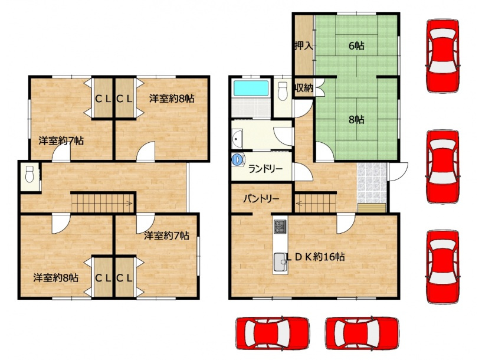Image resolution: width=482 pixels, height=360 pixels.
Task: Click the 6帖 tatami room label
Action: (x=356, y=46)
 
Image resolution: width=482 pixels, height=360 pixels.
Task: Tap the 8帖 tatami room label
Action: (x=356, y=119)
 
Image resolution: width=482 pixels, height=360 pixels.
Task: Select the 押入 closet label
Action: (x=304, y=46)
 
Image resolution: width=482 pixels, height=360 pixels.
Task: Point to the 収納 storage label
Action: (x=304, y=88)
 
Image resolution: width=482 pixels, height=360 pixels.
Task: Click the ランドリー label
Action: (x=265, y=169)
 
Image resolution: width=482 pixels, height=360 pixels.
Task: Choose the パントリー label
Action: (x=261, y=199)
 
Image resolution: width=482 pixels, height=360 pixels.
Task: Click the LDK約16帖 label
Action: (x=315, y=257)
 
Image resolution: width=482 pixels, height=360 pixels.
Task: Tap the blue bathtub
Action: (x=251, y=89)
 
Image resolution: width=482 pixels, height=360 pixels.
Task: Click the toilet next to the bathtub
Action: (x=282, y=91)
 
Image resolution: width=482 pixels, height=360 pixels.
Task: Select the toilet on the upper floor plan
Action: (x=29, y=174)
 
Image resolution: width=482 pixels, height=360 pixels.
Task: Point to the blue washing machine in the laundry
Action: (x=238, y=159)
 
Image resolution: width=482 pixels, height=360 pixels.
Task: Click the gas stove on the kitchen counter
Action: (x=280, y=227)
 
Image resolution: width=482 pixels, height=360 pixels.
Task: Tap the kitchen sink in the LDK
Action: (x=280, y=262)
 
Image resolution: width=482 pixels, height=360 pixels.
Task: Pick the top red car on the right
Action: (x=443, y=55)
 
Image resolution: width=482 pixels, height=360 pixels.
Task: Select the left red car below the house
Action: (x=273, y=333)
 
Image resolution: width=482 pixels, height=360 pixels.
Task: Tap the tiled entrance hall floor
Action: (x=372, y=183)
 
